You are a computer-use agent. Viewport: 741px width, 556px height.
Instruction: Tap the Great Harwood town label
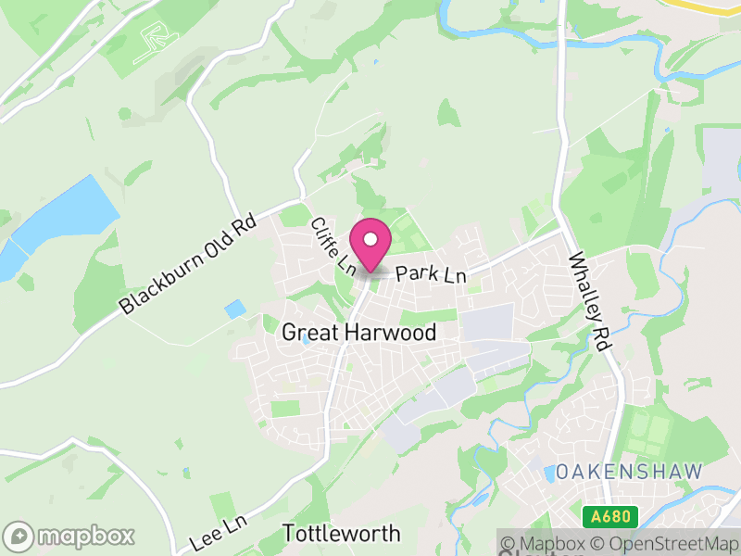tap(358, 333)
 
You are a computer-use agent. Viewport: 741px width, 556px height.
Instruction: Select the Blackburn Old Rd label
tap(186, 265)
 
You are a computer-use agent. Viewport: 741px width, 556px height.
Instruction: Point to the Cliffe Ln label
tap(334, 246)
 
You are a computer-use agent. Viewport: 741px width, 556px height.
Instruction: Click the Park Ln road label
tap(431, 274)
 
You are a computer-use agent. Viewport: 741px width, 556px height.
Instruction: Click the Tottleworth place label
tap(341, 534)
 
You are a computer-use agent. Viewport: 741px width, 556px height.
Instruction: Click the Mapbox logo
tap(70, 536)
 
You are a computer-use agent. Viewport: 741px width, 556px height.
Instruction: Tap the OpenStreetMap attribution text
tap(667, 544)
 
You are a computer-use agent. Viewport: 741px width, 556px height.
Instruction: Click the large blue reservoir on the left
tap(65, 222)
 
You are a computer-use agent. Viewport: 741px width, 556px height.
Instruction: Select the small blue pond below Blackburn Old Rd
tap(235, 309)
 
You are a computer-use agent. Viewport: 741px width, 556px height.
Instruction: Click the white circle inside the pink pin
tap(370, 240)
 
